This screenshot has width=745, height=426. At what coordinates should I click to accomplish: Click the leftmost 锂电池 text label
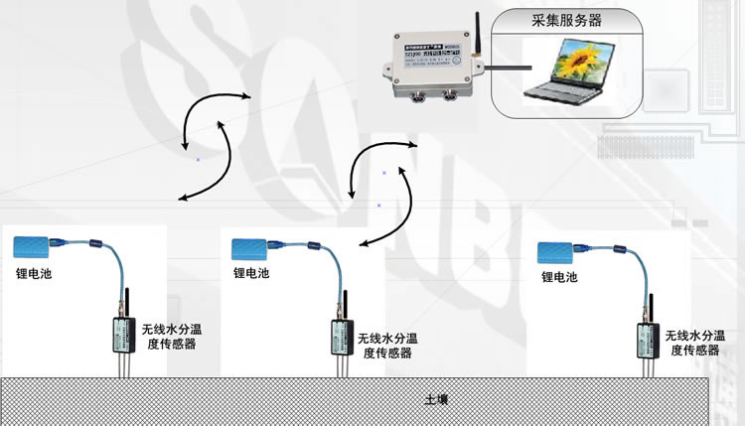33,273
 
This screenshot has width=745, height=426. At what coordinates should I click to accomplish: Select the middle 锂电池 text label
251,273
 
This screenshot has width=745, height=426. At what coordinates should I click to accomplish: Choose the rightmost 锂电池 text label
558,279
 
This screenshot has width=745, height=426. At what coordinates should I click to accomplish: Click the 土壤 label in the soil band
436,400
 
